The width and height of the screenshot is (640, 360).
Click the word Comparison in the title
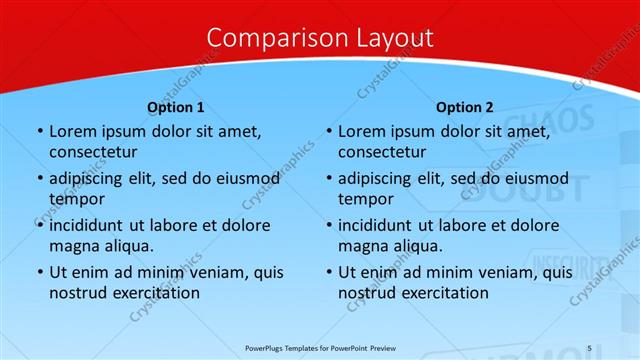point(264,38)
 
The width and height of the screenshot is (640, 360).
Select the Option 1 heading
point(176,107)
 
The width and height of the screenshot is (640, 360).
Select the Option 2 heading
point(465,107)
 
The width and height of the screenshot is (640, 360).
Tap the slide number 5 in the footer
point(589,347)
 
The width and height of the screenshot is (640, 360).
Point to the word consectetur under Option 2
point(382,153)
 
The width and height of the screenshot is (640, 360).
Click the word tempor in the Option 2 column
point(364,199)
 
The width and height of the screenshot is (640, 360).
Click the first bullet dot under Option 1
point(38,131)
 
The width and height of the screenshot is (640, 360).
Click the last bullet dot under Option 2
point(327,271)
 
